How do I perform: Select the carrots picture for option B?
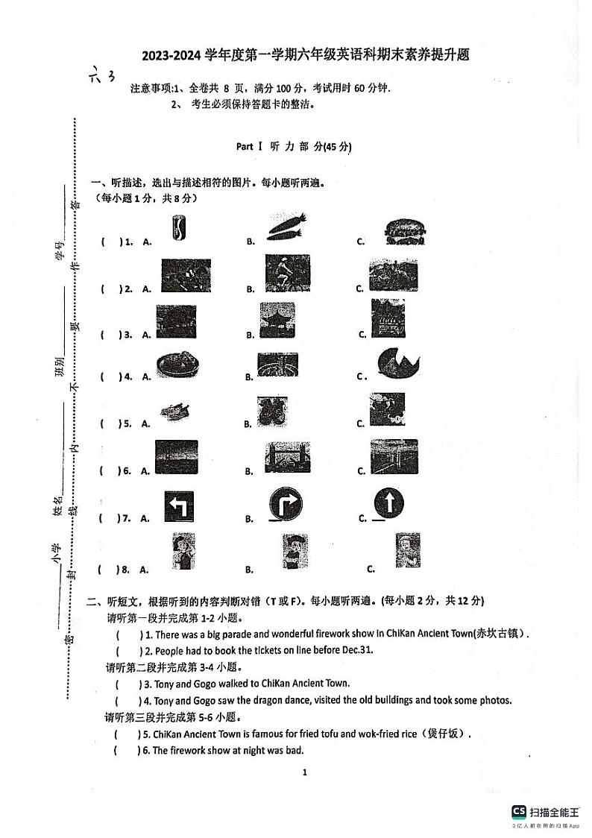tap(287, 225)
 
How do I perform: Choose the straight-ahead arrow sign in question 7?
tap(390, 504)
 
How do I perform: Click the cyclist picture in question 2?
tap(287, 274)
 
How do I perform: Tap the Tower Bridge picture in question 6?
tap(287, 457)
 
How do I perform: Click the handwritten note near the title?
tap(102, 75)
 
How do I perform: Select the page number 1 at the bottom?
tap(305, 772)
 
